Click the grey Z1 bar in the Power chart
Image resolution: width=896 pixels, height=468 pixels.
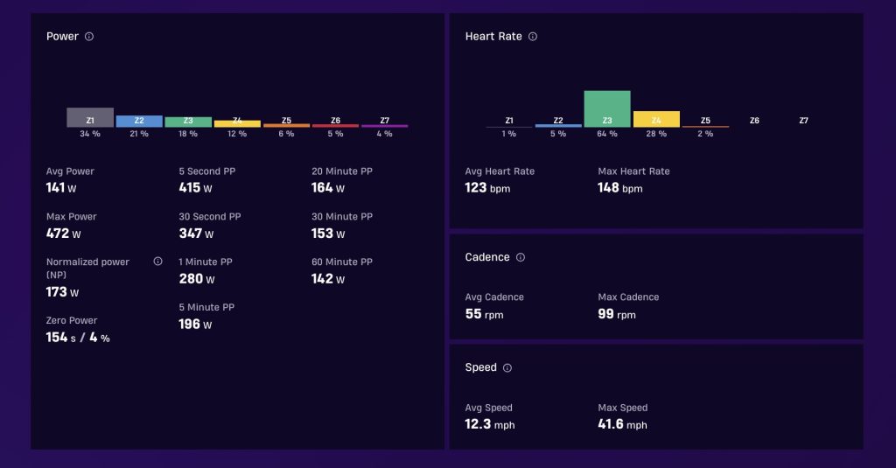point(90,117)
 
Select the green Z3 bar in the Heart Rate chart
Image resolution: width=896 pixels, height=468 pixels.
point(607,108)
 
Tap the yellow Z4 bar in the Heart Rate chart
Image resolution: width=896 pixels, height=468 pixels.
point(656,119)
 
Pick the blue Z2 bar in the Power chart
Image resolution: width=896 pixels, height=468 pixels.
point(139,121)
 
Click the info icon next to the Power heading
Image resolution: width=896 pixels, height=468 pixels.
point(89,37)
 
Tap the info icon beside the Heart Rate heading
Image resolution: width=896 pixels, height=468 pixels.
point(533,37)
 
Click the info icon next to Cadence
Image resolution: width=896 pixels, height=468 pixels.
point(521,257)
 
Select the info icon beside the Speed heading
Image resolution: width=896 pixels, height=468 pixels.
point(507,368)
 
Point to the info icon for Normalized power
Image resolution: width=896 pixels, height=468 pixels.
point(157,262)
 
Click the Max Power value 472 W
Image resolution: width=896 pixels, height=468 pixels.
point(63,234)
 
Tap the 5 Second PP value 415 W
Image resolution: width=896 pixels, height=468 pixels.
point(195,187)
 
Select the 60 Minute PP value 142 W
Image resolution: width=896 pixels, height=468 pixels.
point(328,279)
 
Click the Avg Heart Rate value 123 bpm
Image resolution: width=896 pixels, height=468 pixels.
point(487,187)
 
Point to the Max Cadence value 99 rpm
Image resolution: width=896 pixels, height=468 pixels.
point(617,314)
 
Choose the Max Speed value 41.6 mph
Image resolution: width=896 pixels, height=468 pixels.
point(622,424)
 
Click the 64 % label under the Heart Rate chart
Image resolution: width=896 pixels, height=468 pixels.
point(607,134)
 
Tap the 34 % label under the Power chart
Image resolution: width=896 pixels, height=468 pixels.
point(90,134)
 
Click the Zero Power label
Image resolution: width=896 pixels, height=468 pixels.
point(72,320)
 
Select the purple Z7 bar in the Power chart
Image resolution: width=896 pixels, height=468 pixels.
point(385,126)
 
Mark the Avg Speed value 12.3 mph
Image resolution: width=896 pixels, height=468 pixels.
point(490,424)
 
